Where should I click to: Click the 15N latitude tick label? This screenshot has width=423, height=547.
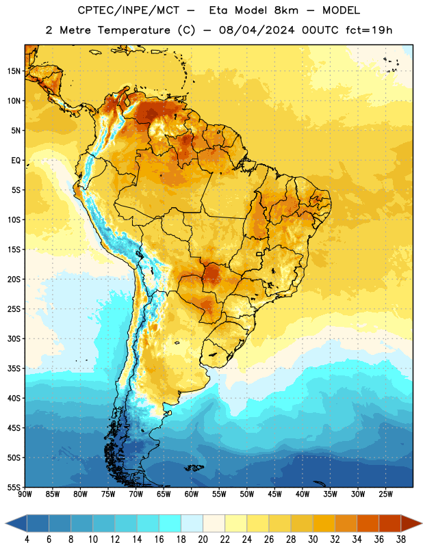tap(14, 71)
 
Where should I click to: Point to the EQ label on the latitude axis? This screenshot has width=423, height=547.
tap(16, 161)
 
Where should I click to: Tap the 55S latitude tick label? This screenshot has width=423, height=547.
tap(14, 487)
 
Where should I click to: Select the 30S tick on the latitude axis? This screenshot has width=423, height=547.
tap(14, 338)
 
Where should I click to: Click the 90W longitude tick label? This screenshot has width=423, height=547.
tap(25, 494)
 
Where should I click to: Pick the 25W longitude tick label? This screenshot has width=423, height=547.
tap(385, 494)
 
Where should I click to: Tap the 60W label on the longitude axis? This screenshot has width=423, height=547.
tap(192, 494)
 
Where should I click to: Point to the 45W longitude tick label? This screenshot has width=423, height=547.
tap(275, 494)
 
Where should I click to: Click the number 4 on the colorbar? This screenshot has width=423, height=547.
tap(27, 539)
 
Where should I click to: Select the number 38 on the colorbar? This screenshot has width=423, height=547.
tap(400, 539)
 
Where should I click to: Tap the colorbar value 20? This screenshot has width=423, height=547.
tap(203, 539)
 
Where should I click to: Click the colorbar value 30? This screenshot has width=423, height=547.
tap(313, 539)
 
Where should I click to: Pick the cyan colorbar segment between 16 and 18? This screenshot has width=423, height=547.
tap(170, 523)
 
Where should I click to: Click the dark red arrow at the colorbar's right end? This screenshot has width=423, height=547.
tap(411, 523)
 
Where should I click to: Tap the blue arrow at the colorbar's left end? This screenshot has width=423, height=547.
tap(16, 523)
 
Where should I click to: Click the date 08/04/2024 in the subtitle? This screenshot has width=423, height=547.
tap(257, 30)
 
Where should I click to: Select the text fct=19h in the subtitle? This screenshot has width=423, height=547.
tap(369, 30)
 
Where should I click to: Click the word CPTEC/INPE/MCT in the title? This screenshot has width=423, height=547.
tap(129, 10)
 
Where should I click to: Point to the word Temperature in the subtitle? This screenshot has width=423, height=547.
tap(133, 30)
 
